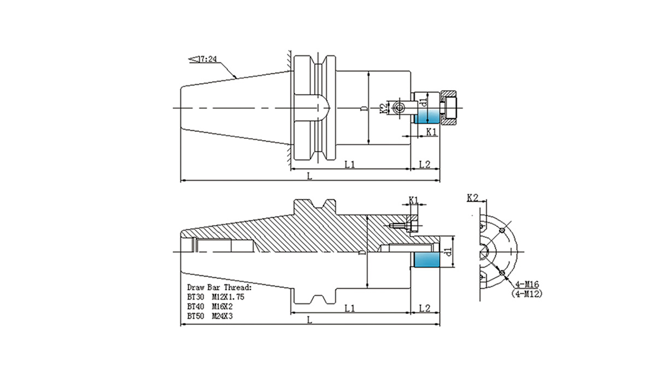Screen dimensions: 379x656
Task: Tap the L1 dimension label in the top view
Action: (x=350, y=164)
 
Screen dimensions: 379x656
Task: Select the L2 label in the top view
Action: (x=425, y=164)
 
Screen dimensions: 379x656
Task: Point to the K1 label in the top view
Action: (x=431, y=132)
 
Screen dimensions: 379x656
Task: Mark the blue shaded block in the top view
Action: (x=428, y=116)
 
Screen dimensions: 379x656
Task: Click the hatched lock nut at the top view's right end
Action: (x=449, y=108)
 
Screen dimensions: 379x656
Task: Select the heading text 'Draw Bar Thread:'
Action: (x=219, y=287)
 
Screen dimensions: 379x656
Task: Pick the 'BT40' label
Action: (x=195, y=306)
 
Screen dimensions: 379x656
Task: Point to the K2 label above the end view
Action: (x=473, y=197)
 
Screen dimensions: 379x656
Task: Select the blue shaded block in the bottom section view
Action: (x=426, y=260)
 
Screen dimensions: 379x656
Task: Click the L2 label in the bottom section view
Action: (x=425, y=308)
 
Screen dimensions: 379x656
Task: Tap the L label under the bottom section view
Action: (x=309, y=320)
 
